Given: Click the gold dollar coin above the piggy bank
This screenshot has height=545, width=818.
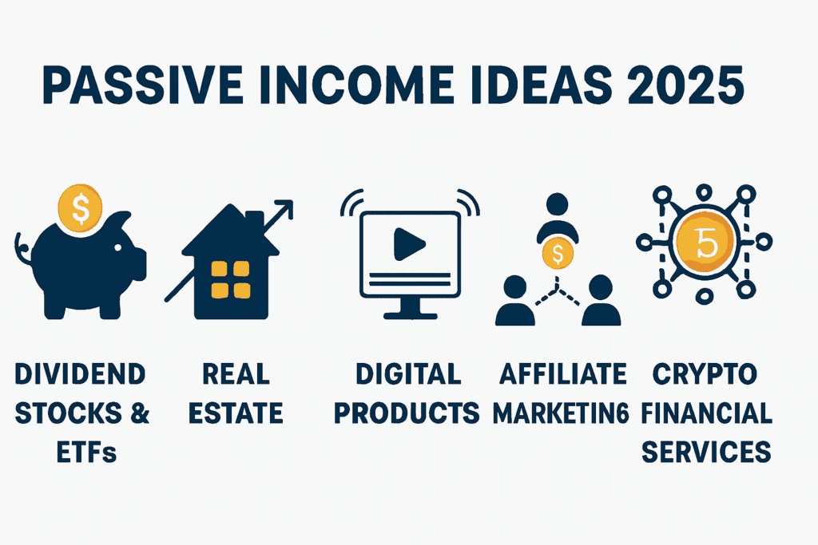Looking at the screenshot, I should (x=80, y=208).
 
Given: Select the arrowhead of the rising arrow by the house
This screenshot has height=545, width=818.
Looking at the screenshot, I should (x=284, y=209).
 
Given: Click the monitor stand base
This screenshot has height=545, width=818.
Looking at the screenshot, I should (x=410, y=315).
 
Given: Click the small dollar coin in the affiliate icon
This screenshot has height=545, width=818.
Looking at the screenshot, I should (x=558, y=255).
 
